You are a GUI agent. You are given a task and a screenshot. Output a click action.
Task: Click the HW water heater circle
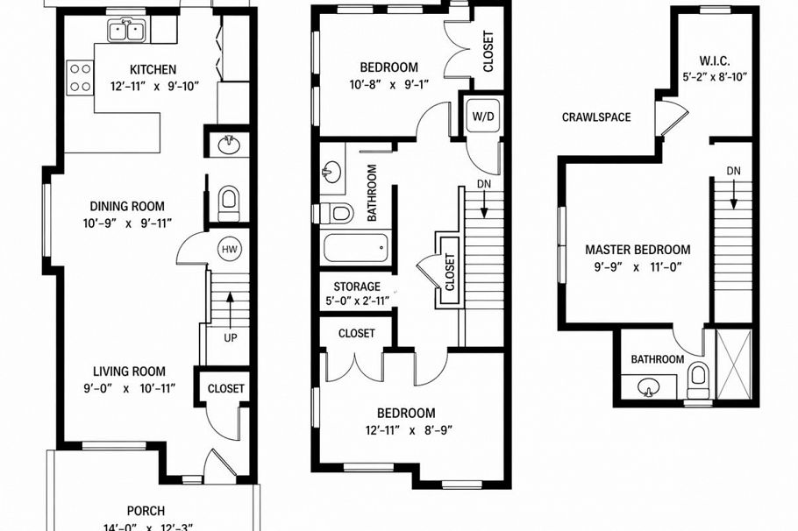pyautogui.click(x=230, y=250)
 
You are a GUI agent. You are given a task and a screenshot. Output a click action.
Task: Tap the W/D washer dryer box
pyautogui.click(x=481, y=116)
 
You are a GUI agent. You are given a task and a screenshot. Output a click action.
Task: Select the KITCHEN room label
pyautogui.click(x=153, y=70)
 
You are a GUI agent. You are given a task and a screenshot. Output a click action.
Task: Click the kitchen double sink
pyautogui.click(x=129, y=32)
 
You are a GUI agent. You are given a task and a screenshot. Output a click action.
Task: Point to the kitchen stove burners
pyautogui.click(x=80, y=76)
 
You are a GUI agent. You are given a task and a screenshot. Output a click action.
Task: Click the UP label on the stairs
pyautogui.click(x=230, y=336)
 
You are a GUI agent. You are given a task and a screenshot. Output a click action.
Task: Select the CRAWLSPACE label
pyautogui.click(x=596, y=117)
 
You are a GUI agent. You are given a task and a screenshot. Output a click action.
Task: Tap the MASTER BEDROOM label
pyautogui.click(x=638, y=250)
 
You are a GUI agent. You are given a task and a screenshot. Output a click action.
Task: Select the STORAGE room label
pyautogui.click(x=357, y=286)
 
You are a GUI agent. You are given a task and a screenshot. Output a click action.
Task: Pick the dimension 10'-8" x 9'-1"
pyautogui.click(x=388, y=85)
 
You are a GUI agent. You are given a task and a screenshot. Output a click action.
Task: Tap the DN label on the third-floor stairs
pyautogui.click(x=733, y=171)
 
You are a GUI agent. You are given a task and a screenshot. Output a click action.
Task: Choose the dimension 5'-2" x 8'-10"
pyautogui.click(x=716, y=76)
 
